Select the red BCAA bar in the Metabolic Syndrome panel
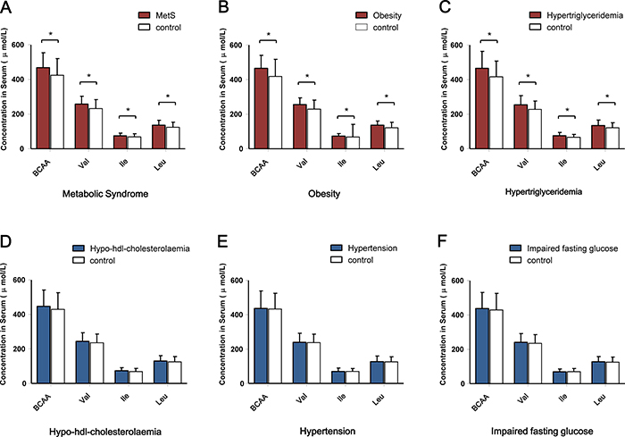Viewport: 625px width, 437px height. click(43, 107)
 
